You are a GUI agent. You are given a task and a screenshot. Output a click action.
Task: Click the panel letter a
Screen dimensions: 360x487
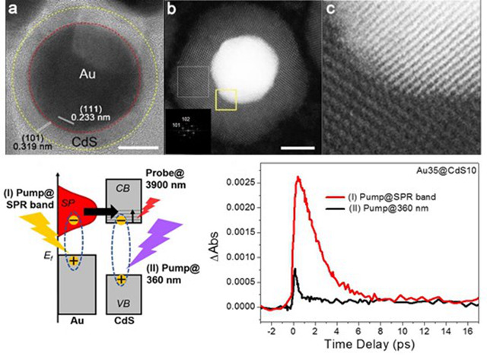11,10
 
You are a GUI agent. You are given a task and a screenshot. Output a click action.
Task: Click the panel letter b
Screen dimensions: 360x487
173,10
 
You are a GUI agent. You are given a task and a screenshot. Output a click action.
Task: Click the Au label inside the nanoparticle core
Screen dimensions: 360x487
90,73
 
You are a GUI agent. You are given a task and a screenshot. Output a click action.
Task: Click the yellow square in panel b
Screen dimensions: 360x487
226,99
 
